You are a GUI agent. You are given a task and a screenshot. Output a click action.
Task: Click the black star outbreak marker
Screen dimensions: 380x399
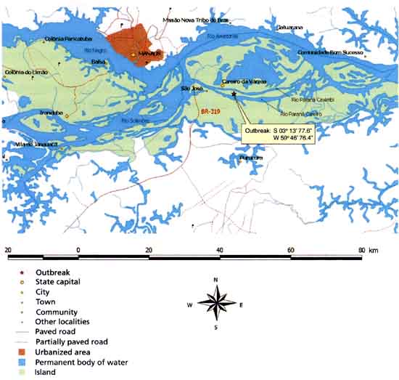[x=234, y=94]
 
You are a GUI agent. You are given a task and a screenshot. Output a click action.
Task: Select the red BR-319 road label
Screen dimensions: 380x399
[x=209, y=111]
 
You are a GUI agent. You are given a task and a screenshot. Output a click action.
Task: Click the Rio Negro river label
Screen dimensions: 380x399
[x=96, y=51]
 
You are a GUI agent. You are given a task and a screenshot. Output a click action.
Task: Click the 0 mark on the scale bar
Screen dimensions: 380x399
[x=78, y=249]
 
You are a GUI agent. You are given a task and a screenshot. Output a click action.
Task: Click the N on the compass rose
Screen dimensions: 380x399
[x=215, y=280]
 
